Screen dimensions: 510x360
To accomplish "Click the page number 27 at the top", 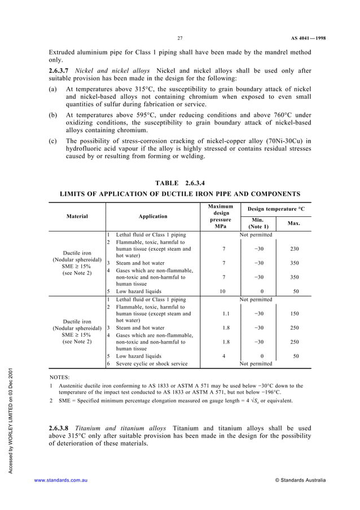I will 179,38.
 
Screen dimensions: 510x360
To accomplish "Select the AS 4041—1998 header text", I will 308,38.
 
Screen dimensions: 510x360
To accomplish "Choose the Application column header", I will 153,216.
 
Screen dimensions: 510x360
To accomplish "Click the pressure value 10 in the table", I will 223,292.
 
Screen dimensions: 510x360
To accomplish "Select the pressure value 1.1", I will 223,315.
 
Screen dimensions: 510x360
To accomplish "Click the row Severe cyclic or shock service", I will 151,364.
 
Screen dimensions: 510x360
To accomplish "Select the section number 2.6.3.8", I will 61,428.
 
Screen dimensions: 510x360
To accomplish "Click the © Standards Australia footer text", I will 300,480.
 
